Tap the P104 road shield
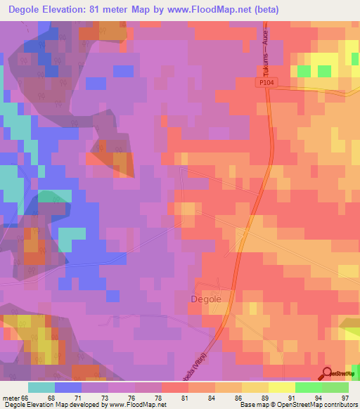pos(264,83)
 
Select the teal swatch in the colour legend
pos(41,387)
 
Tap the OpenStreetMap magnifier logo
pos(327,374)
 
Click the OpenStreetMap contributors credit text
pos(317,405)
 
